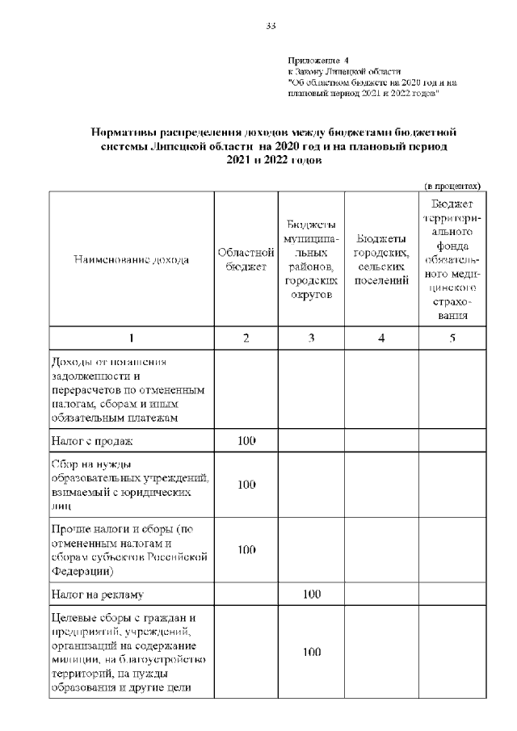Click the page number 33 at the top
click(x=271, y=27)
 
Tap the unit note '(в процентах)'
click(x=453, y=185)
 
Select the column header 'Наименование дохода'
click(x=131, y=260)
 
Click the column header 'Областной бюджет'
click(x=246, y=260)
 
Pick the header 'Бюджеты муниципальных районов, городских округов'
click(x=311, y=260)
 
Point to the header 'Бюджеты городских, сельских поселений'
click(x=381, y=260)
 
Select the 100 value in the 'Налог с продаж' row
click(x=246, y=441)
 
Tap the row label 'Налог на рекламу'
click(x=97, y=595)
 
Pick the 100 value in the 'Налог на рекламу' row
click(x=311, y=595)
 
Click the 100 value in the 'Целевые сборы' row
click(x=311, y=653)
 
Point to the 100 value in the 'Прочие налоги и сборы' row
click(x=246, y=550)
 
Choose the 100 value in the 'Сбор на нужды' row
click(x=246, y=485)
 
